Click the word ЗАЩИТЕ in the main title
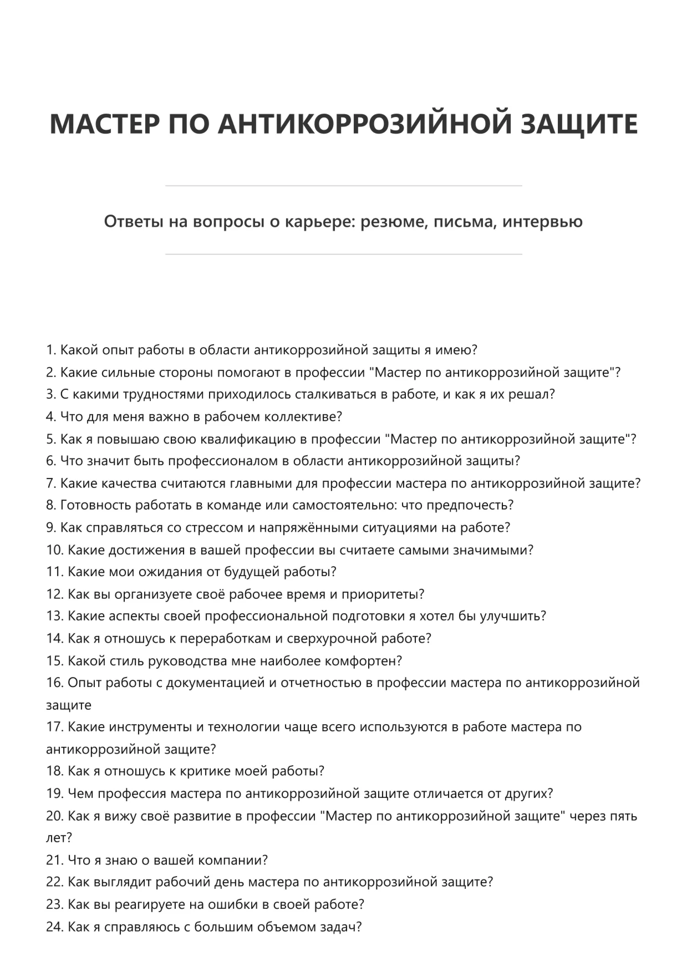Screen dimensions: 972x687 (579, 124)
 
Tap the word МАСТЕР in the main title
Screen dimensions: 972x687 (105, 124)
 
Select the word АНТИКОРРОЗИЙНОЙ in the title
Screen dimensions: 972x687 (364, 124)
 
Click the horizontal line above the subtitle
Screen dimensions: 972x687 (343, 186)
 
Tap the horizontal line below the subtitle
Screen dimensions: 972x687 (343, 255)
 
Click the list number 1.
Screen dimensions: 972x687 (50, 350)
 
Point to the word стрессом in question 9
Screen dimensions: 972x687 (215, 528)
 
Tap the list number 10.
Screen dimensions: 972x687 (54, 550)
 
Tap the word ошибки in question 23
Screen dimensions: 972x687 (229, 904)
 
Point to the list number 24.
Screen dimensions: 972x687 (54, 927)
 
